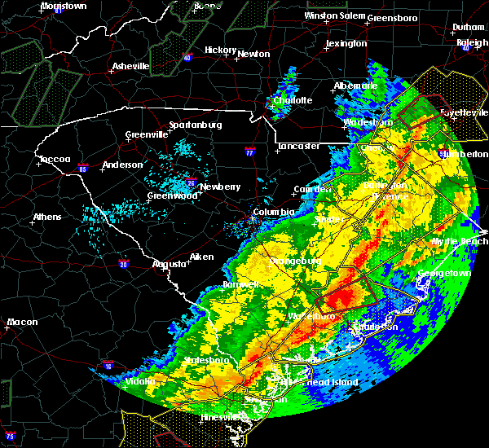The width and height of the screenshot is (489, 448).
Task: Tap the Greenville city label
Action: point(146,135)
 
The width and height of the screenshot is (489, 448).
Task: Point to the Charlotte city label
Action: point(293,100)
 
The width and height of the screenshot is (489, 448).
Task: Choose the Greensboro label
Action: point(392,18)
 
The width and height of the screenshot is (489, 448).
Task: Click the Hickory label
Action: point(220,50)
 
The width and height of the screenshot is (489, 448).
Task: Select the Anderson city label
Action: point(122,165)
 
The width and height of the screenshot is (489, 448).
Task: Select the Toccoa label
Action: point(55,160)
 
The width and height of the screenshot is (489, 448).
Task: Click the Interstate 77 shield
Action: point(250,152)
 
